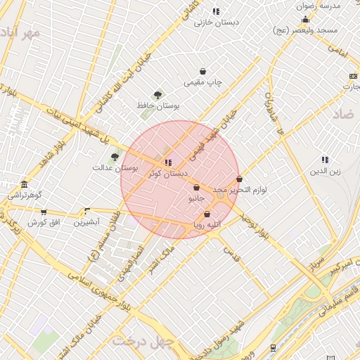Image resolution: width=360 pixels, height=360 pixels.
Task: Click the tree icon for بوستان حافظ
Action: point(157,94)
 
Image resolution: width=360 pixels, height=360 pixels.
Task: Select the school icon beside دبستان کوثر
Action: point(167,162)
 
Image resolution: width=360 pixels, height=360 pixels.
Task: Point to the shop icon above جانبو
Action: point(195,188)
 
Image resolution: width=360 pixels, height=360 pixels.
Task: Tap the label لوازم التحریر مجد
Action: point(240,190)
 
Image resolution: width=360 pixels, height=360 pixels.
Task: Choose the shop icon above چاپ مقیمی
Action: point(203,71)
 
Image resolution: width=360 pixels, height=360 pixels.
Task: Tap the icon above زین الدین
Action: point(325,160)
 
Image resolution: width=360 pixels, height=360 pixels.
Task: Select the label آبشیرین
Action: point(88,222)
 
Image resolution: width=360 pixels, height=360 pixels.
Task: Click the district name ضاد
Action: point(342,113)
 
